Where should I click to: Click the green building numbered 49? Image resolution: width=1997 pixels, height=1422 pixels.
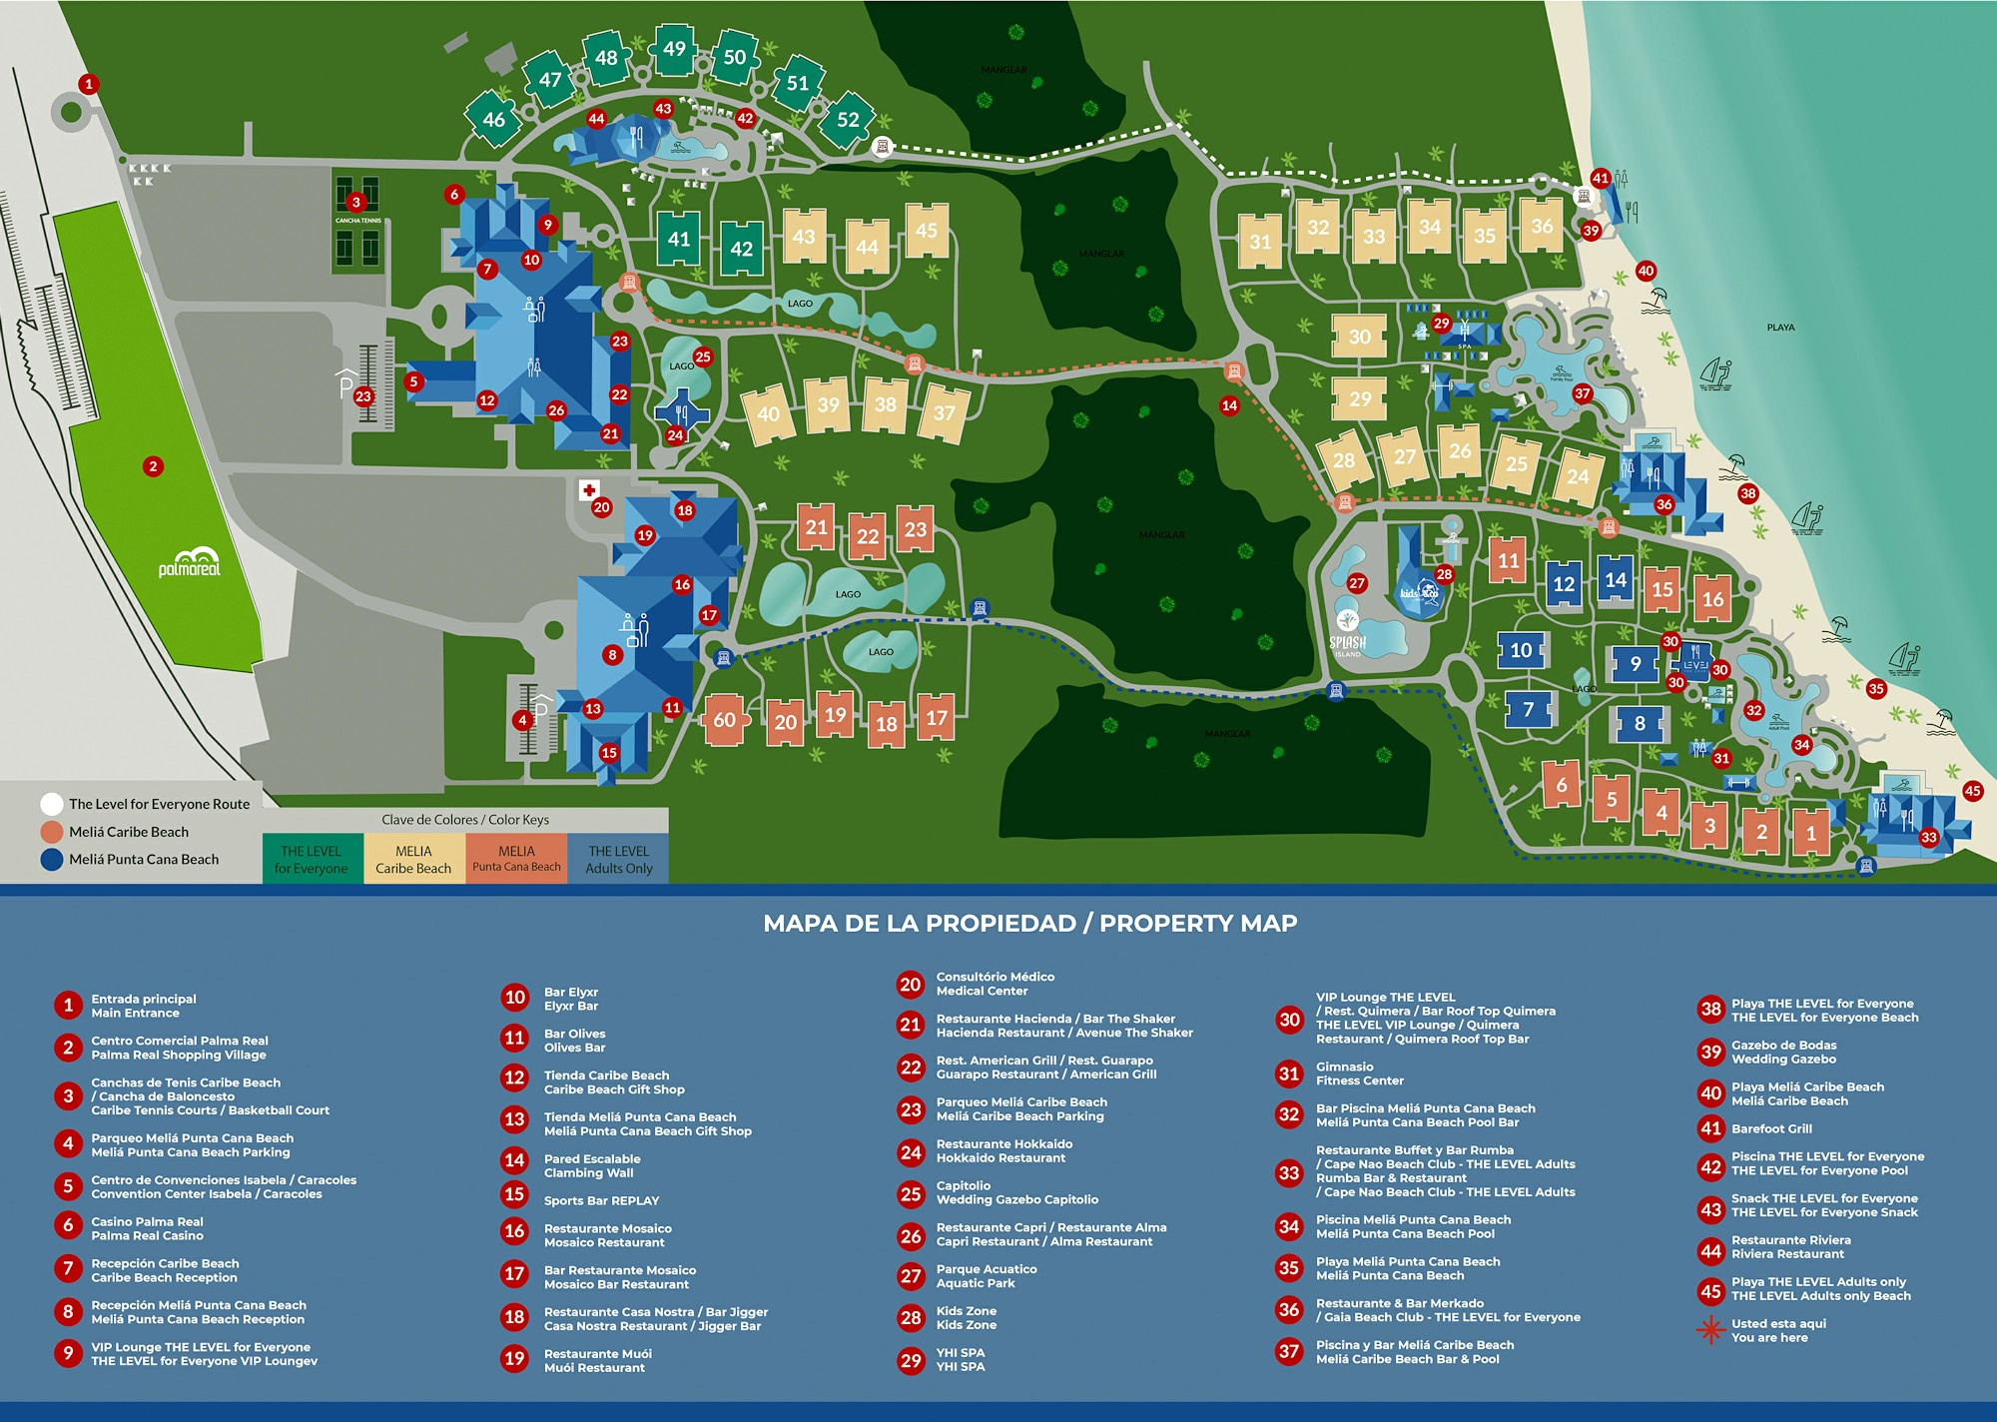tap(674, 49)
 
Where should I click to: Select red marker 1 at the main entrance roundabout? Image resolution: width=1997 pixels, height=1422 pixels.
tap(89, 84)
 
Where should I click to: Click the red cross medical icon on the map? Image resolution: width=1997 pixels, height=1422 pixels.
tap(589, 490)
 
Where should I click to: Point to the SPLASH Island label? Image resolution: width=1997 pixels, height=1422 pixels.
tap(1348, 643)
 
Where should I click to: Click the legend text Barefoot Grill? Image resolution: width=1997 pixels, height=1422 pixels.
tap(1771, 1128)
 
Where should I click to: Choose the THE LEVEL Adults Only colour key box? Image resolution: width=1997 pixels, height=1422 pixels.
tap(618, 859)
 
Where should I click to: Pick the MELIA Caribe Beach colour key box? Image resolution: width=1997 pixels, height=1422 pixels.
tap(413, 859)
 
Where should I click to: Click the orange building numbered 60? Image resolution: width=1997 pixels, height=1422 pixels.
tap(724, 720)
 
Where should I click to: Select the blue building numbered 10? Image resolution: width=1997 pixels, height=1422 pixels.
tap(1520, 651)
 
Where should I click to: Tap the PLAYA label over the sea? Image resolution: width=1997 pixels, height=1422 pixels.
tap(1780, 328)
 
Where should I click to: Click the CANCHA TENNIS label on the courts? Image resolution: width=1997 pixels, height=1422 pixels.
tap(357, 221)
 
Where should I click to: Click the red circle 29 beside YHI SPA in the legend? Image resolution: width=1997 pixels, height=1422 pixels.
tap(911, 1360)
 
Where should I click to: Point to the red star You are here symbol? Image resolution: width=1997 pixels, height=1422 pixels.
tap(1710, 1330)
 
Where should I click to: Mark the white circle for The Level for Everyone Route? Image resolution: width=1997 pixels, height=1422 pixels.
tap(52, 804)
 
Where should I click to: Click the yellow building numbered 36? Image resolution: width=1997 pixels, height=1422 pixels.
tap(1542, 226)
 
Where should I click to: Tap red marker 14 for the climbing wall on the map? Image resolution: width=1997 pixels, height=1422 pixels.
tap(1229, 405)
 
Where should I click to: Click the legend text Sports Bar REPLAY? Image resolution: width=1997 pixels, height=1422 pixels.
tap(601, 1200)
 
